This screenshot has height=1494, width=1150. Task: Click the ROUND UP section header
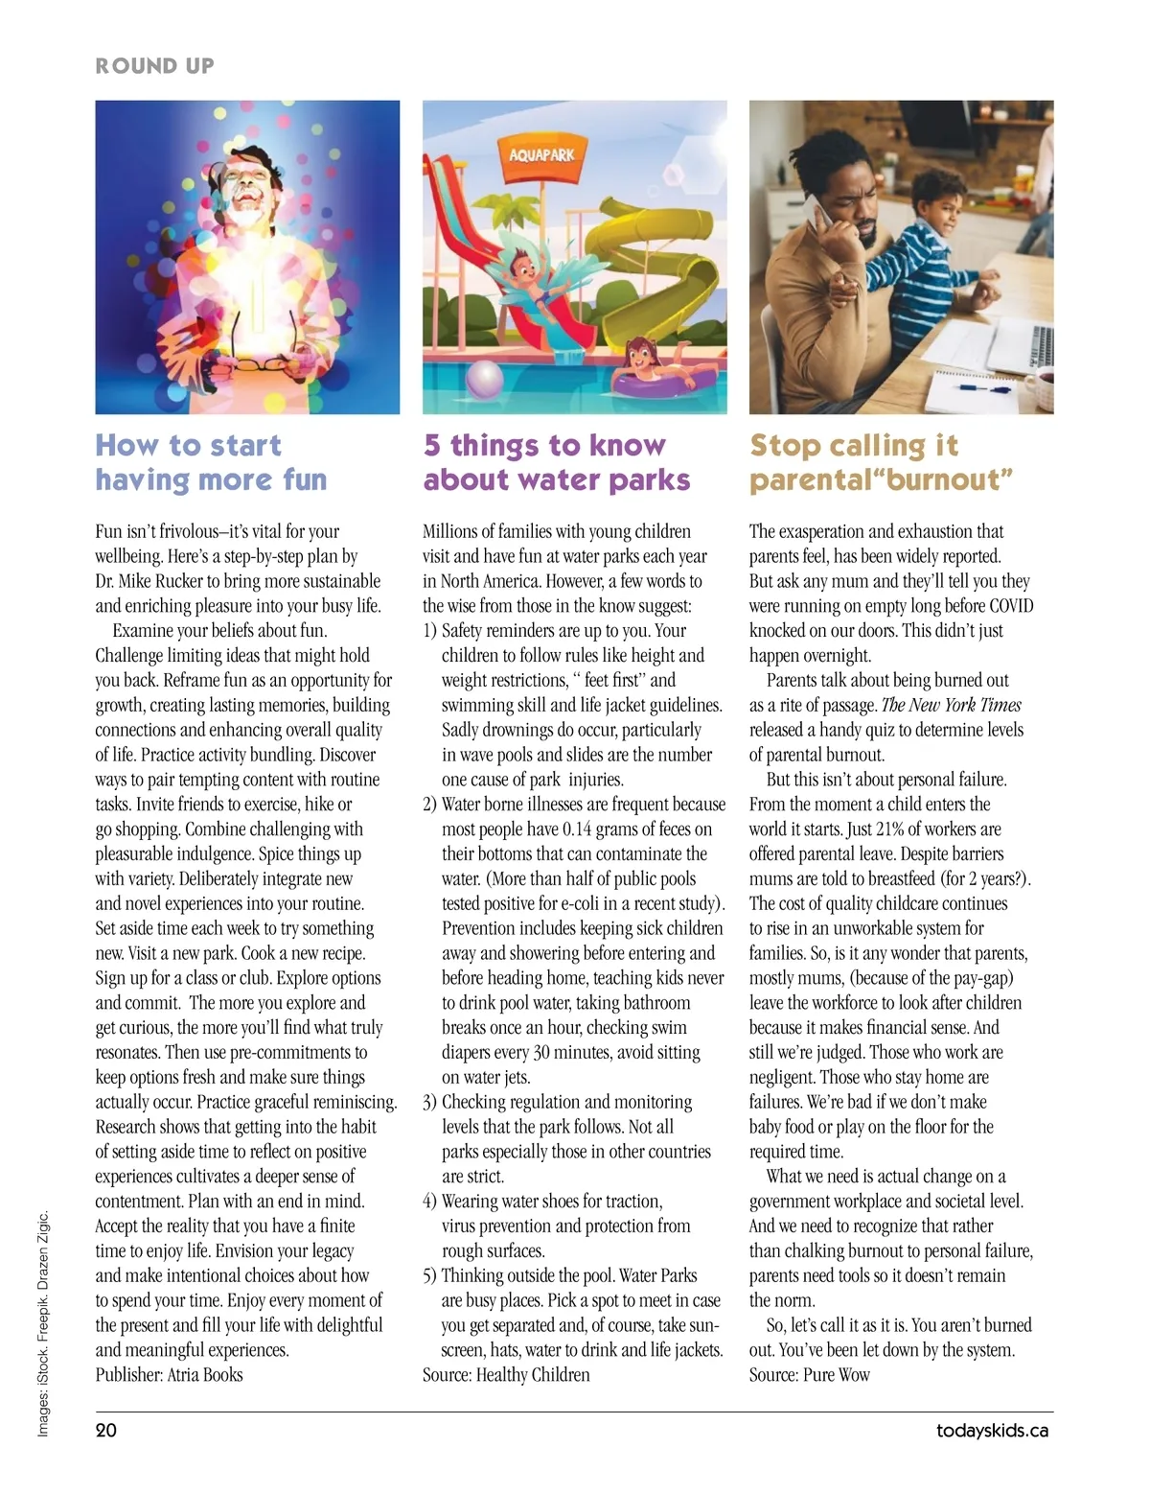pyautogui.click(x=154, y=66)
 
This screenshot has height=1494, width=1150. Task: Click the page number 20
pyautogui.click(x=105, y=1430)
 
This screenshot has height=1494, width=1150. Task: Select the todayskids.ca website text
pyautogui.click(x=992, y=1431)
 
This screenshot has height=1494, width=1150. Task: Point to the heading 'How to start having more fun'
pyautogui.click(x=211, y=462)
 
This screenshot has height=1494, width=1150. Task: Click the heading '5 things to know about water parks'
pyautogui.click(x=556, y=462)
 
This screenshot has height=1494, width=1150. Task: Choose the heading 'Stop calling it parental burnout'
pyautogui.click(x=881, y=462)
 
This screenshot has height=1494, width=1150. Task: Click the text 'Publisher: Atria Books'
pyautogui.click(x=169, y=1374)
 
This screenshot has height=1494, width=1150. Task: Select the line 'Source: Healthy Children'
pyautogui.click(x=506, y=1374)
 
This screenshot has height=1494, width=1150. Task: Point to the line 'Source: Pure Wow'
pyautogui.click(x=809, y=1374)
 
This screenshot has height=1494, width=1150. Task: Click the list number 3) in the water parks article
pyautogui.click(x=429, y=1102)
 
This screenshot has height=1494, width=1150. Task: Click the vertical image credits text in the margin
pyautogui.click(x=43, y=1323)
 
